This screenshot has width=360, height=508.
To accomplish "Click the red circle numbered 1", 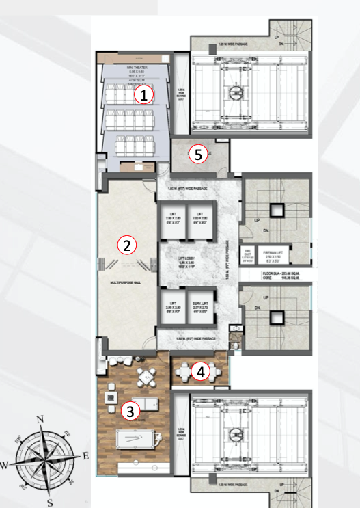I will (x=143, y=95).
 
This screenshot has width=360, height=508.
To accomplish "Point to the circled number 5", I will (x=198, y=155).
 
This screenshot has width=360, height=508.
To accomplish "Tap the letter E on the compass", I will (x=85, y=455).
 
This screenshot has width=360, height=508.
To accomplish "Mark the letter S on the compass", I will (x=50, y=503).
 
